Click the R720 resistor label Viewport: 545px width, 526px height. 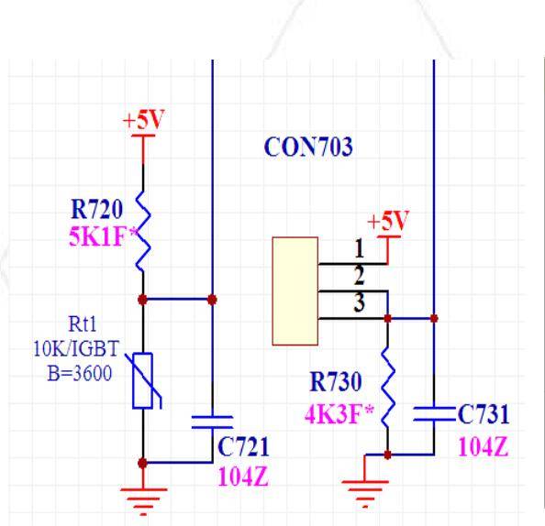[96, 209]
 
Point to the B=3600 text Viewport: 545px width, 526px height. [80, 373]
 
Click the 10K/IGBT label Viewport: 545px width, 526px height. [76, 348]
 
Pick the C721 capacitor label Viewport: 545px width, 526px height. [243, 446]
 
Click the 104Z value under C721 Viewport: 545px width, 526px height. [243, 477]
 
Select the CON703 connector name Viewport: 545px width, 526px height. [308, 147]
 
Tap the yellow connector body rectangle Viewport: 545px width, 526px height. [295, 290]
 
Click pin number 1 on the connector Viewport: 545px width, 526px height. [359, 248]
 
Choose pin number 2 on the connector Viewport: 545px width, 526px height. [360, 275]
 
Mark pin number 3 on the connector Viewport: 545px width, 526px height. [360, 302]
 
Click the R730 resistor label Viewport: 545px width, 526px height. [336, 382]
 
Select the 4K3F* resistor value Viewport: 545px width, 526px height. [339, 414]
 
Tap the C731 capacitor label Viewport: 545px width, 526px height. [484, 414]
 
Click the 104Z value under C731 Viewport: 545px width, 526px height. [484, 446]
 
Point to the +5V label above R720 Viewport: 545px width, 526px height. [143, 120]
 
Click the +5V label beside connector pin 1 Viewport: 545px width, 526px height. [388, 221]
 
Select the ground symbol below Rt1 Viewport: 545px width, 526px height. [143, 501]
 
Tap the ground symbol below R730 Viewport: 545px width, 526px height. [365, 494]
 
